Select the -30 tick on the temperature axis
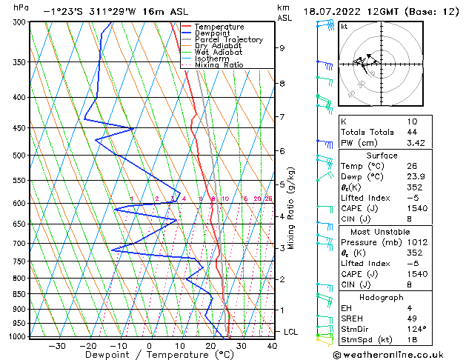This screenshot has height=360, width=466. [57, 345]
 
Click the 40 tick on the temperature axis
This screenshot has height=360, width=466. [272, 345]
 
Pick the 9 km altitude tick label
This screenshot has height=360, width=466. [282, 48]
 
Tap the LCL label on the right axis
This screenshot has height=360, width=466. [290, 332]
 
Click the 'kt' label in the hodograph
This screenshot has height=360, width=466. [344, 27]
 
